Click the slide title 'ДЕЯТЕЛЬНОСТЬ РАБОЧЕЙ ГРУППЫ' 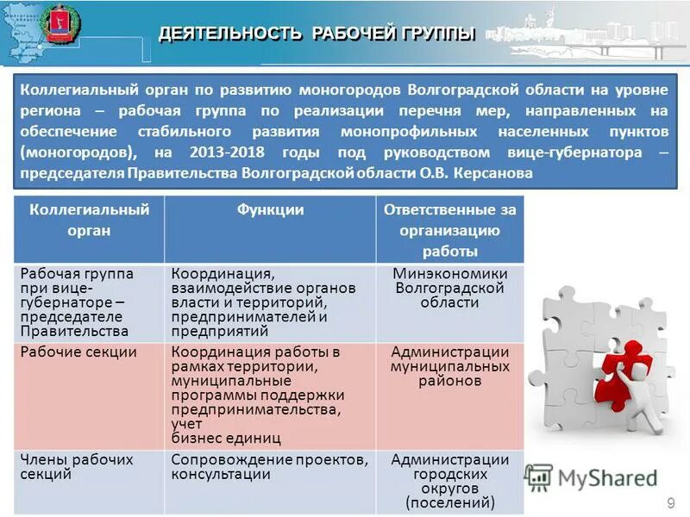(317, 34)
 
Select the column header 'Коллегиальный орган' (85, 220)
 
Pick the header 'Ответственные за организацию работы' (449, 230)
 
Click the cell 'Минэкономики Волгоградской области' (449, 288)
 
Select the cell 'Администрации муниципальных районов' (449, 366)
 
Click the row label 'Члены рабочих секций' (76, 466)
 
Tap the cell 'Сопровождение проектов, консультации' (270, 466)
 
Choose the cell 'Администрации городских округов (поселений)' (449, 481)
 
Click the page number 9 (671, 501)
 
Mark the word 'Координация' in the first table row (210, 273)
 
